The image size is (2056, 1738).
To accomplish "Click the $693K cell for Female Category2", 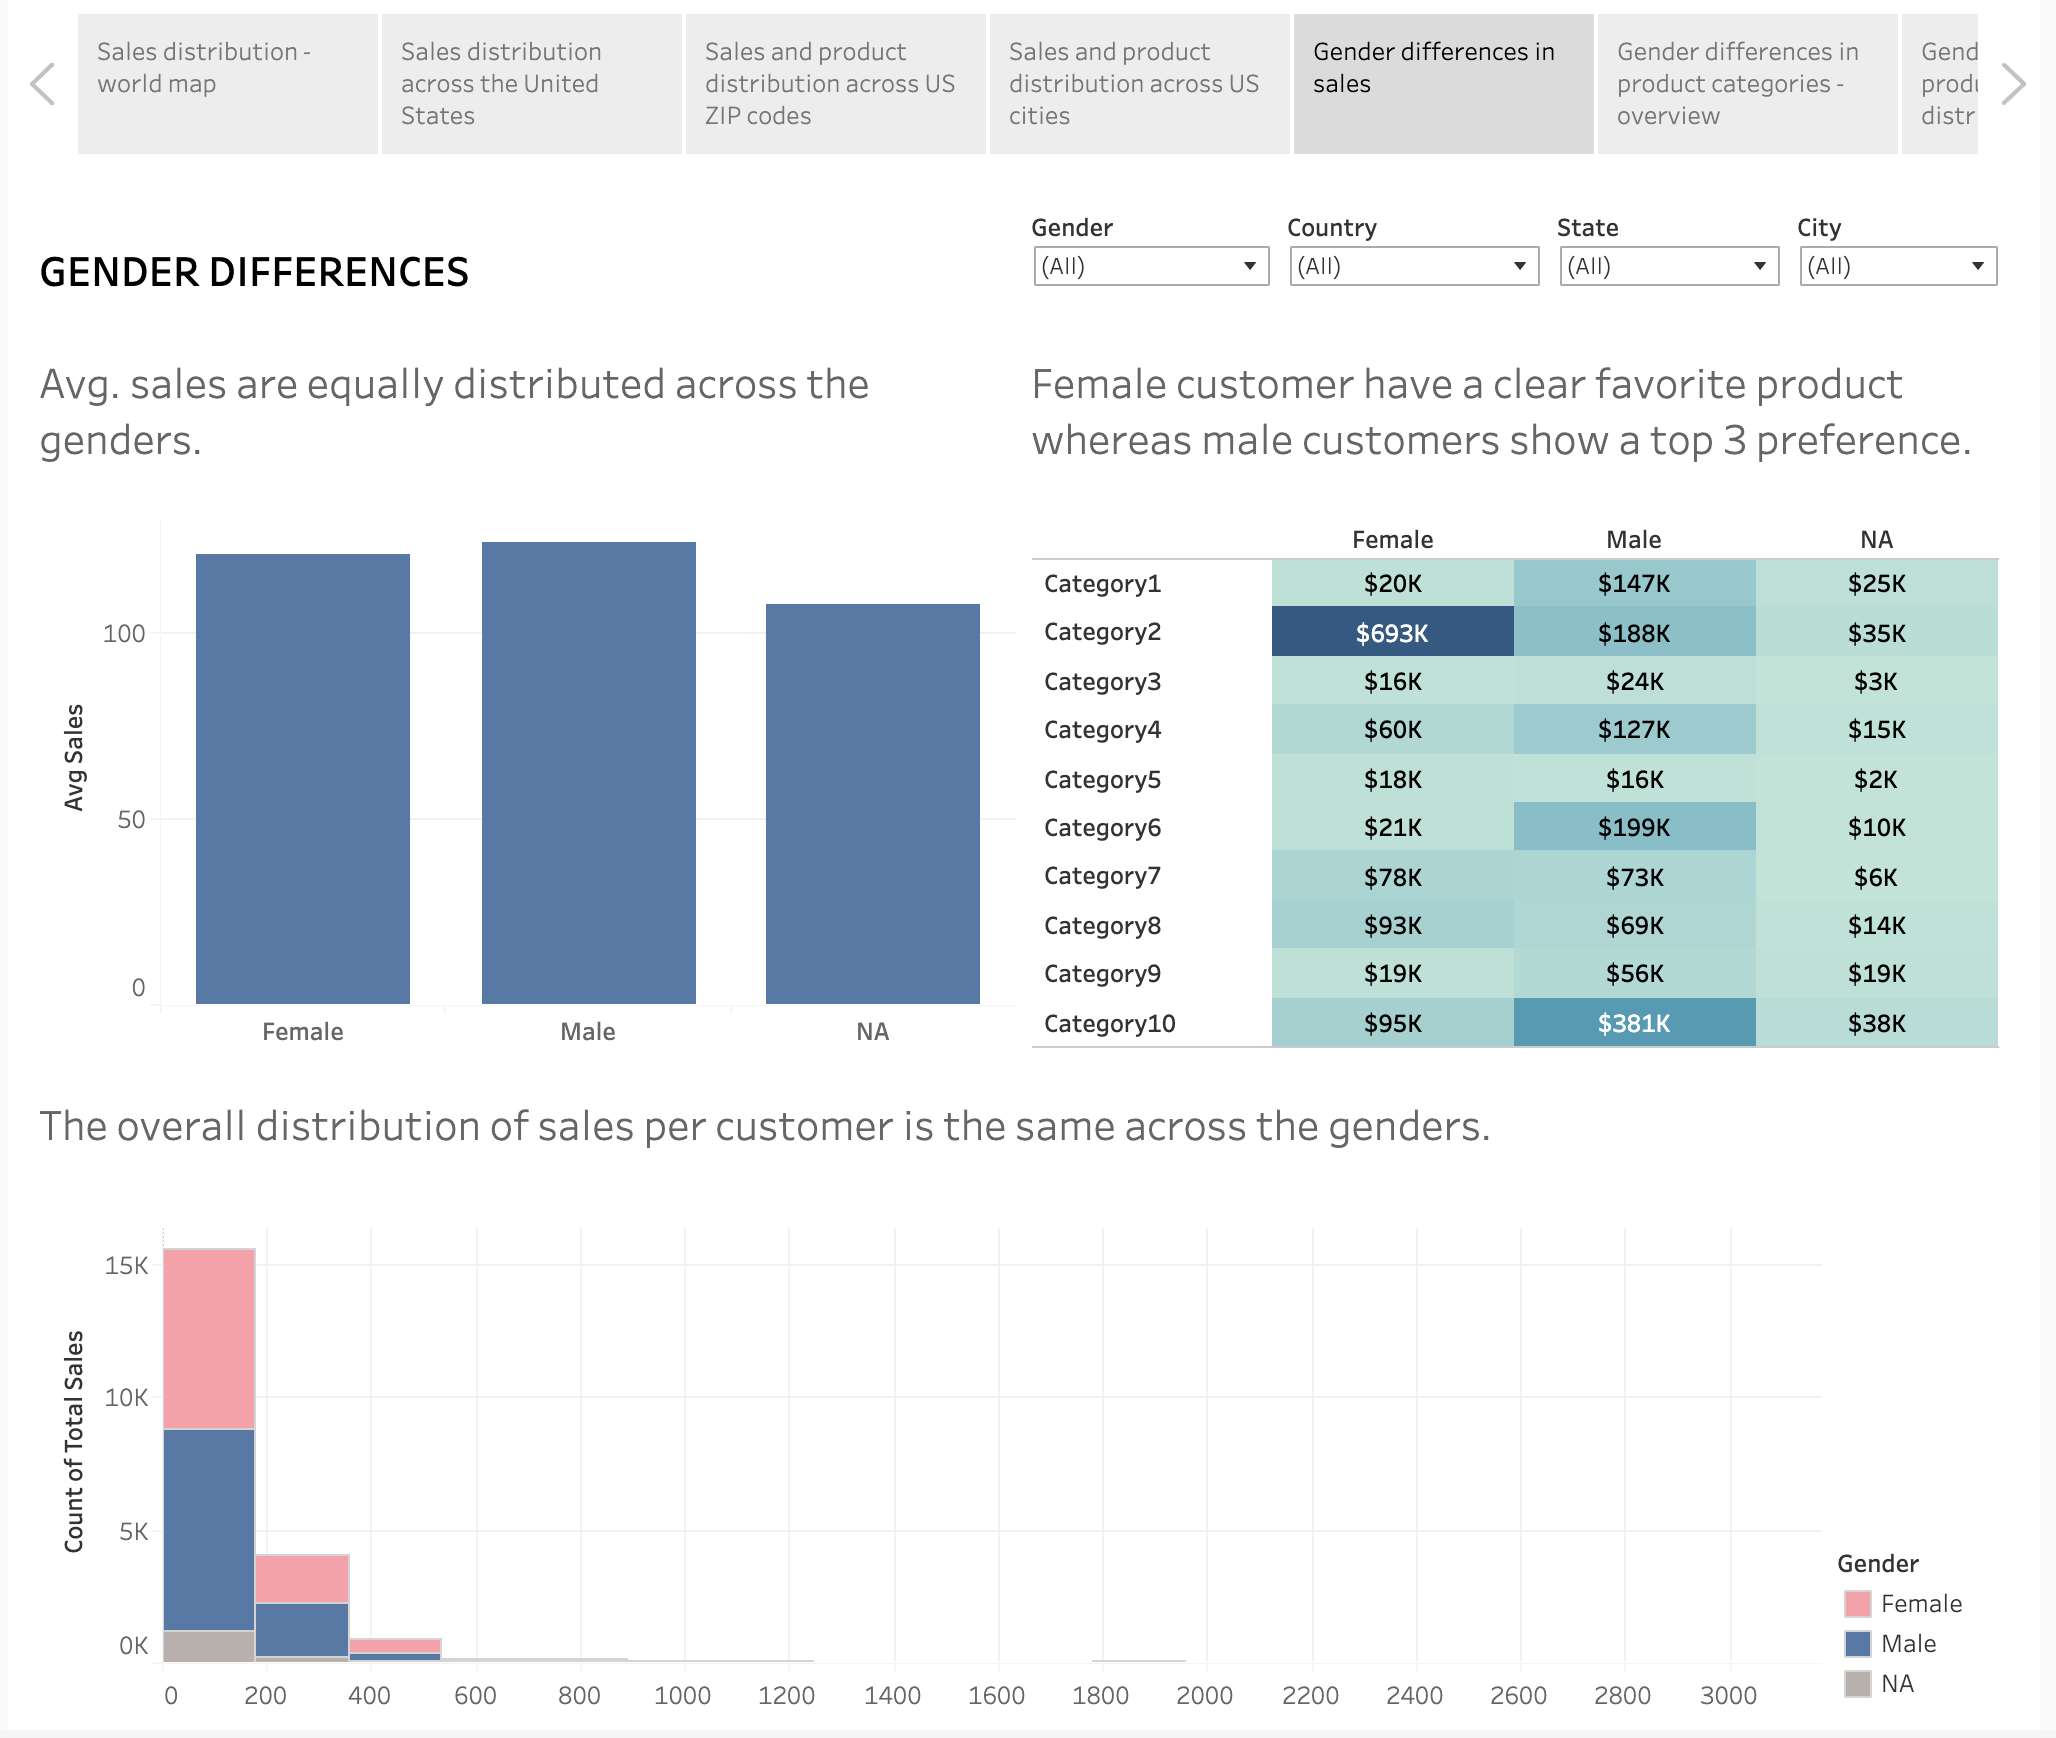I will coord(1392,633).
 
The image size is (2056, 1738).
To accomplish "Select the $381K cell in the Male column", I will coord(1634,1023).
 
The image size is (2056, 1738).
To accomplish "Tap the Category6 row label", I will coord(1102,828).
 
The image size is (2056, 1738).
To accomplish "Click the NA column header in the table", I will coord(1876,540).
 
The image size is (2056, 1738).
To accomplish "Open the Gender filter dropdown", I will coord(1151,266).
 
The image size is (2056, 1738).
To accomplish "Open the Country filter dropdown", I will coord(1413,266).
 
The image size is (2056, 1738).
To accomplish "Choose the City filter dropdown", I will coord(1897,266).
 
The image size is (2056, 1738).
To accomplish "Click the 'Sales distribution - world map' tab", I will coord(228,84).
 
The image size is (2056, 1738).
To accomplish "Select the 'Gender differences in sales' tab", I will coord(1443,84).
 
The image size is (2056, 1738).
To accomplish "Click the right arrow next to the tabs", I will coord(2013,84).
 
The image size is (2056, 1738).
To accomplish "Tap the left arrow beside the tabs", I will coord(43,84).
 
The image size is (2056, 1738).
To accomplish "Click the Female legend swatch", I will coord(1857,1604).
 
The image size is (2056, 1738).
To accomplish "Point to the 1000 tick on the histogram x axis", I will coord(682,1696).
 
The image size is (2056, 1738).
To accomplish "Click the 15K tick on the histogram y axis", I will coord(126,1266).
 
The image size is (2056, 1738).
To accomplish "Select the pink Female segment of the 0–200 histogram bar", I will coord(209,1338).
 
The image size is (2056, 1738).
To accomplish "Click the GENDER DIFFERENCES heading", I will coord(254,272).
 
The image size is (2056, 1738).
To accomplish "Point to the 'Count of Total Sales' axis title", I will coord(74,1441).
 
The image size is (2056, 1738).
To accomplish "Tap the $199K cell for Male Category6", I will coord(1634,827).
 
